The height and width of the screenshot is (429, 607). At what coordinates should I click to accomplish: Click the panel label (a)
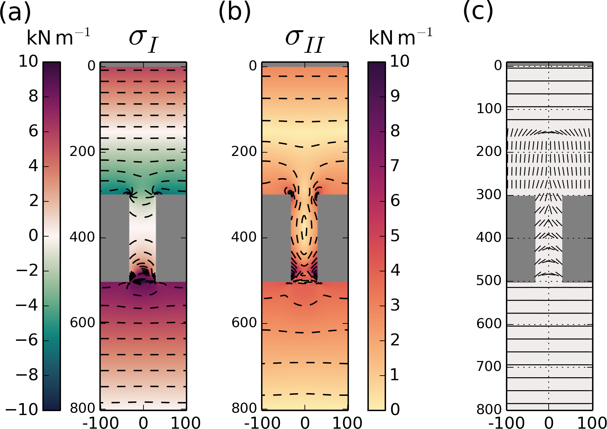[15, 12]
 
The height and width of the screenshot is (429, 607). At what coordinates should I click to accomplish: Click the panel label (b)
[234, 12]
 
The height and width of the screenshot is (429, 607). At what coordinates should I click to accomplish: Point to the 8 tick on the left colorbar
[33, 97]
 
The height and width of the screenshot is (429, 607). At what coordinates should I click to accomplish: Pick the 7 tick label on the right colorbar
[395, 166]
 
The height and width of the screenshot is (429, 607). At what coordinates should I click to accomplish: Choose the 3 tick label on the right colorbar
[395, 305]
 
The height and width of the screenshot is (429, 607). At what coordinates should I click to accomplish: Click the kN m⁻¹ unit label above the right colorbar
[401, 37]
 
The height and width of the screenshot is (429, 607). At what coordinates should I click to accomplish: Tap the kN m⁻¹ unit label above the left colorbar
[58, 37]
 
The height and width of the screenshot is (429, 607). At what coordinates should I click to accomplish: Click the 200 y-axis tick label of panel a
[82, 152]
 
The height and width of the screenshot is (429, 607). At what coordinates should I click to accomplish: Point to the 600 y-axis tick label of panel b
[244, 323]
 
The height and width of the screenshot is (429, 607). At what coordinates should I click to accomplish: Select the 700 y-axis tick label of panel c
[489, 367]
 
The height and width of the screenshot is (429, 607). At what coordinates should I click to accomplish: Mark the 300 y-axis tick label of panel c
[489, 195]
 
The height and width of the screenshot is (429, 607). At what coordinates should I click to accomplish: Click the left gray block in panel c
[521, 239]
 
